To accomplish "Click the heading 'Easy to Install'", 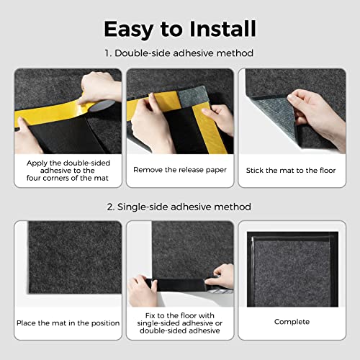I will (x=180, y=29).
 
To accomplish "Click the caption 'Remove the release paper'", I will (x=180, y=171).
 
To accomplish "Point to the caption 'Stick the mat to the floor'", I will (x=291, y=171).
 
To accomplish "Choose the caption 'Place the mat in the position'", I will (x=68, y=323).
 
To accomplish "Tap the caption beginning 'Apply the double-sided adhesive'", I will (x=68, y=171).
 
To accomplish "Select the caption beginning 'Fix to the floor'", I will (x=180, y=323).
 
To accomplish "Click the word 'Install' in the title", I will (x=217, y=29).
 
